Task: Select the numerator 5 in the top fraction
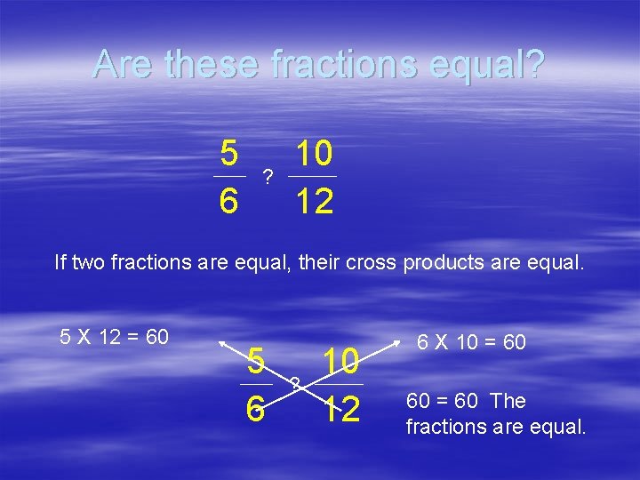click(x=228, y=155)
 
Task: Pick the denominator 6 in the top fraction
click(x=228, y=203)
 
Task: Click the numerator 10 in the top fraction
click(x=315, y=155)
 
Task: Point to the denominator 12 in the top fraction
click(x=315, y=203)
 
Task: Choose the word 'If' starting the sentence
click(x=60, y=262)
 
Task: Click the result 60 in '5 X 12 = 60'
click(x=157, y=337)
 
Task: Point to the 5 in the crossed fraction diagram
click(x=255, y=361)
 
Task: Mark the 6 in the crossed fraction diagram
click(x=255, y=409)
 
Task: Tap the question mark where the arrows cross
click(x=295, y=384)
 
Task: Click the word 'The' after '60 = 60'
click(x=508, y=401)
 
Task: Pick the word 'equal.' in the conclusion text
click(x=558, y=427)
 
